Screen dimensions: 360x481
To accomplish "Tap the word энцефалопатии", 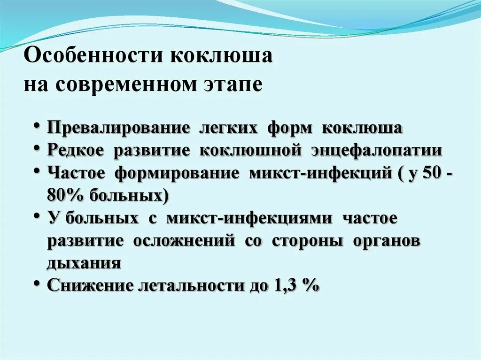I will click(x=376, y=151).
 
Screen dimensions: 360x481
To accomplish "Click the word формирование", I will click(x=177, y=173).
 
